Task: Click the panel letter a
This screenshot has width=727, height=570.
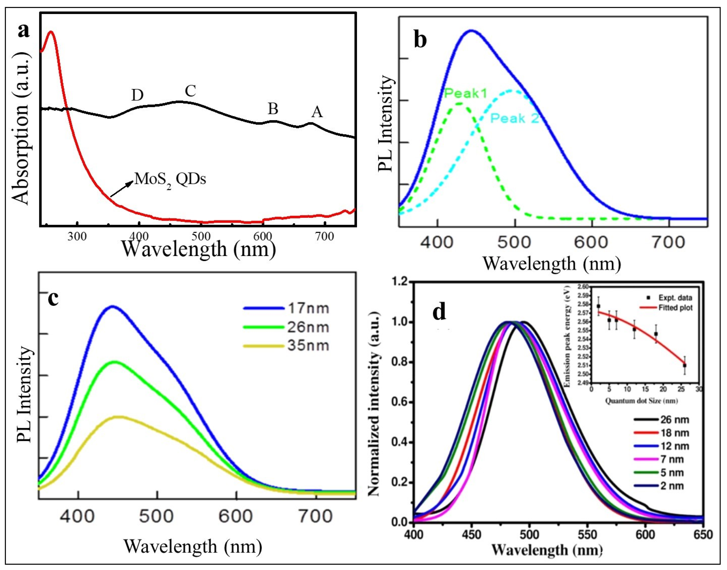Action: [24, 31]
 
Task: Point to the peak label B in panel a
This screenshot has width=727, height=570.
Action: [273, 109]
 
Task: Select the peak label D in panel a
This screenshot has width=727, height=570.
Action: [137, 95]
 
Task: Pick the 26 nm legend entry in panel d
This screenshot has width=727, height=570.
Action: [674, 420]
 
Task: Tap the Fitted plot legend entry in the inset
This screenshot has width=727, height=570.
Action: [675, 308]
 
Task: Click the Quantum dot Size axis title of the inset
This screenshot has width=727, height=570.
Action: [642, 401]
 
